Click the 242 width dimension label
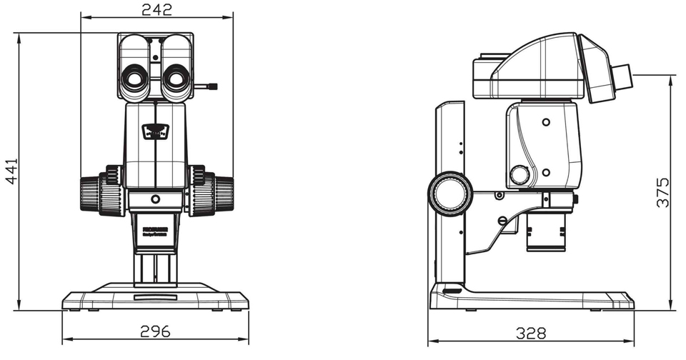tap(156, 9)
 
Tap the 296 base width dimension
tap(155, 331)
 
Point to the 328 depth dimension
tap(530, 333)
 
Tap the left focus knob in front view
tap(96, 194)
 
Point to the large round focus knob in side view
tap(450, 193)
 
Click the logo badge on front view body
tap(156, 131)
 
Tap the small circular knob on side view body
tap(520, 174)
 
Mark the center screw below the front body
tap(156, 199)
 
